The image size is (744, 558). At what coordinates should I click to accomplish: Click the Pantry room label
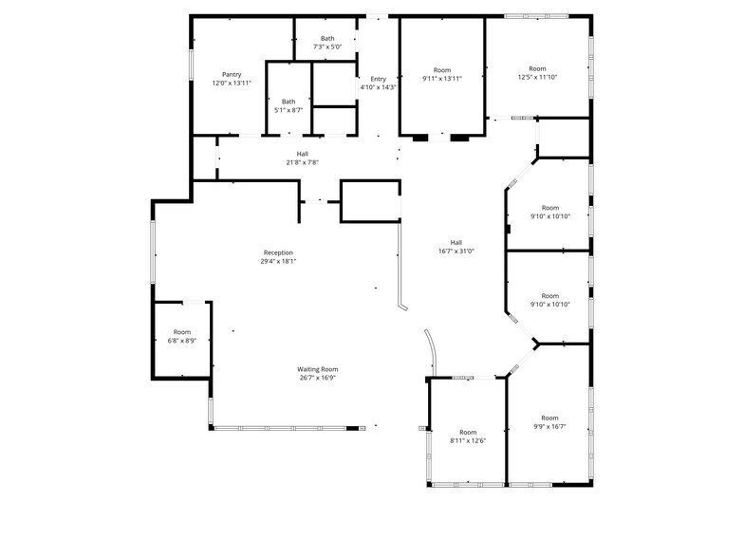[232, 74]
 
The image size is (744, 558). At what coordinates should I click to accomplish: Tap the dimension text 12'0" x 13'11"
[232, 84]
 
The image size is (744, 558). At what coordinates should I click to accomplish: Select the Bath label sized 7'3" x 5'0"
[326, 39]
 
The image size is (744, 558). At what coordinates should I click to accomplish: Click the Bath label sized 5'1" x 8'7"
[288, 102]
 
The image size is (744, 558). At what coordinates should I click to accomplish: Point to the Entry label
[378, 79]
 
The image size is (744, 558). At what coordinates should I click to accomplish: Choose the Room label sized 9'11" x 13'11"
[442, 70]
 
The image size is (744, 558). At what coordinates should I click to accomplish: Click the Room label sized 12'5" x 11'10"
[537, 68]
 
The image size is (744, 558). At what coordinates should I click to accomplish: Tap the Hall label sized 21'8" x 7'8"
[302, 154]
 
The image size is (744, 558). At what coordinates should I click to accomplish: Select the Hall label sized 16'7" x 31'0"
[456, 242]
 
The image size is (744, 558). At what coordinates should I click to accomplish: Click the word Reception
[278, 252]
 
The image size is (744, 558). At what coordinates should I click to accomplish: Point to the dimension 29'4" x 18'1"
[278, 262]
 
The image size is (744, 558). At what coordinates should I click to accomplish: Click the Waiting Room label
[318, 369]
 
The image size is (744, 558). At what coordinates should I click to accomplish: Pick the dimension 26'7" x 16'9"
[318, 378]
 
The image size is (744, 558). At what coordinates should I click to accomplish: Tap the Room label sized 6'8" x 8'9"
[181, 332]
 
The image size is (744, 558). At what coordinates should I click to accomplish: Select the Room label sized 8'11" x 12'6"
[468, 432]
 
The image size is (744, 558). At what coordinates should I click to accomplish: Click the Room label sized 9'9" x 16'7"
[549, 418]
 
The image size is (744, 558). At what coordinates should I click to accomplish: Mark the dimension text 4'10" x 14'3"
[378, 87]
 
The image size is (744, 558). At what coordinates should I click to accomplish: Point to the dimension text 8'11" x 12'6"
[468, 440]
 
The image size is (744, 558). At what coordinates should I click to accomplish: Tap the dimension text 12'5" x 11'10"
[537, 77]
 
